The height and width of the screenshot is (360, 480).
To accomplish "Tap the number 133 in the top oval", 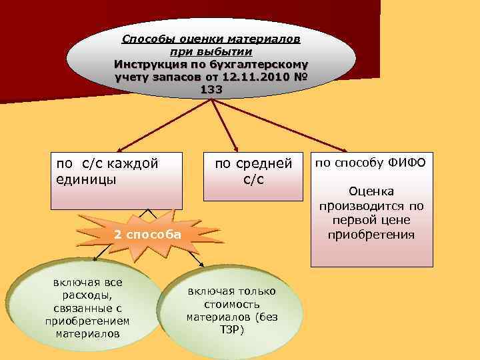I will (x=211, y=89).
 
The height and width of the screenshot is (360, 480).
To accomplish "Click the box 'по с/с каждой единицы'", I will (x=117, y=180).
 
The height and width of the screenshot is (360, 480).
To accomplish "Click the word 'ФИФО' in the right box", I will (x=411, y=163).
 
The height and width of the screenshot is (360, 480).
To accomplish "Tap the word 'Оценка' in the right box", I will (x=371, y=191).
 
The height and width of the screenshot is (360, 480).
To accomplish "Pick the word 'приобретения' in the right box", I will (x=371, y=235).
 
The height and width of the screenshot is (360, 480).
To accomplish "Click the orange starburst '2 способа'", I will (x=147, y=235).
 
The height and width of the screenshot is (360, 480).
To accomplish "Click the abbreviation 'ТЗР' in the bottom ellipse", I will (x=227, y=330).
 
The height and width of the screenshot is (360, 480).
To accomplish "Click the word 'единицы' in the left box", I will (x=85, y=180).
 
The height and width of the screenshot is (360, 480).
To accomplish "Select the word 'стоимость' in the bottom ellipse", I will (x=228, y=304).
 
